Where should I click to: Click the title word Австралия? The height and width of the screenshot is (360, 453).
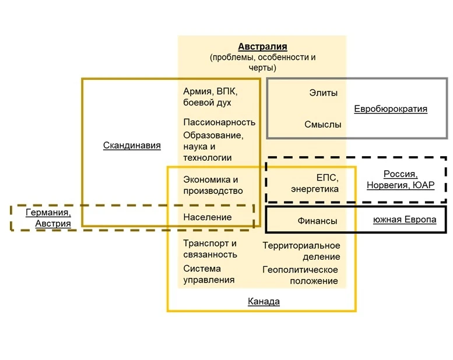coord(262,47)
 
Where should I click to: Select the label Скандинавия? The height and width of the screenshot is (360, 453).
coord(132,145)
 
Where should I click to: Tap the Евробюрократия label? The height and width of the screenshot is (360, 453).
coord(391,109)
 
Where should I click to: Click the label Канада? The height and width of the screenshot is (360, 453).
coord(264,301)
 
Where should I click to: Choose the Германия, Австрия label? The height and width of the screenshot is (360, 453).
coord(48,218)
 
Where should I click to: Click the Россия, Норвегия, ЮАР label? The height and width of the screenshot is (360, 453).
coord(401,179)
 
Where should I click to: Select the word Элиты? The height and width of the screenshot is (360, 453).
coord(324,93)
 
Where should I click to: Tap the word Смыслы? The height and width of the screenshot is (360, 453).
coord(322,125)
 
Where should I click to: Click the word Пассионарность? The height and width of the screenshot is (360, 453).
coord(219,122)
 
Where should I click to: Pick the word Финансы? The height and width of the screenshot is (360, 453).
coord(317,221)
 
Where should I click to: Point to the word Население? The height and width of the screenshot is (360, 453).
coord(207,217)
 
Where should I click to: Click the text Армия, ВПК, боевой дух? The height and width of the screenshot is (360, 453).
coord(210,97)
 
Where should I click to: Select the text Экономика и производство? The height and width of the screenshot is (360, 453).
coord(213,185)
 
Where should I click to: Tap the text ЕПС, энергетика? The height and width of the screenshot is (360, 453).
coord(315,183)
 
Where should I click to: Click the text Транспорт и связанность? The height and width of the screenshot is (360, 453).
coord(210,249)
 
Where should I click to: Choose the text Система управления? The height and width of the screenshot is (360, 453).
coord(209,274)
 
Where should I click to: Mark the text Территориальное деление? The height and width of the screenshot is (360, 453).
coord(301,251)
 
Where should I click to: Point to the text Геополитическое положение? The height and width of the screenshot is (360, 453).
coord(300,275)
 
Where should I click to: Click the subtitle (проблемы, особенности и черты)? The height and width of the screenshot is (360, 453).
coord(262,62)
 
